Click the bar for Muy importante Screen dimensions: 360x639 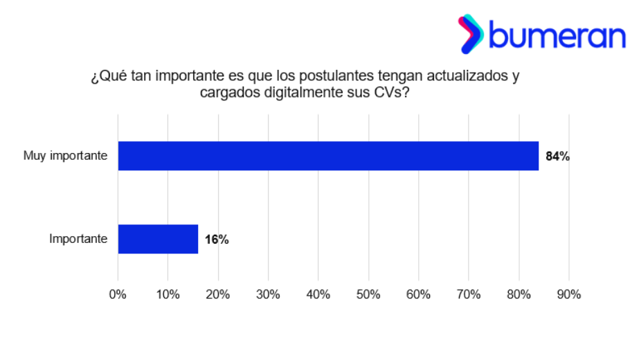coord(328,156)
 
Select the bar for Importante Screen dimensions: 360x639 coord(158,239)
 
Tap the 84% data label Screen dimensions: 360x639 coord(557,156)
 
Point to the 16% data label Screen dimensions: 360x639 coord(217,240)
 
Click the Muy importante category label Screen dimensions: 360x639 coord(65,156)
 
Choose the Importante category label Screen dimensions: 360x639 coord(78,240)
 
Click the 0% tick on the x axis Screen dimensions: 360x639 coord(118,294)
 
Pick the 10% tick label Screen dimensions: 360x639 coord(168,294)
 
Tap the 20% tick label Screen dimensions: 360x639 coord(218,294)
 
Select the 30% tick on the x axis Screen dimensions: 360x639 coord(268,294)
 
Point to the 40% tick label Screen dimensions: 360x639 coord(318,294)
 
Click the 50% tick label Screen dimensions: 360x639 coord(368,294)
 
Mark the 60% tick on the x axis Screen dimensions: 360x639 coord(418,294)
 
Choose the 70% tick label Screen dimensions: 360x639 coord(469,294)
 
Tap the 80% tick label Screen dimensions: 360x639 coord(519,294)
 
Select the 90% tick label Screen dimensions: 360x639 coord(568,294)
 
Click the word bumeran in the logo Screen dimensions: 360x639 coord(557,35)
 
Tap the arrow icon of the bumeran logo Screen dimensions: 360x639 coord(471,34)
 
